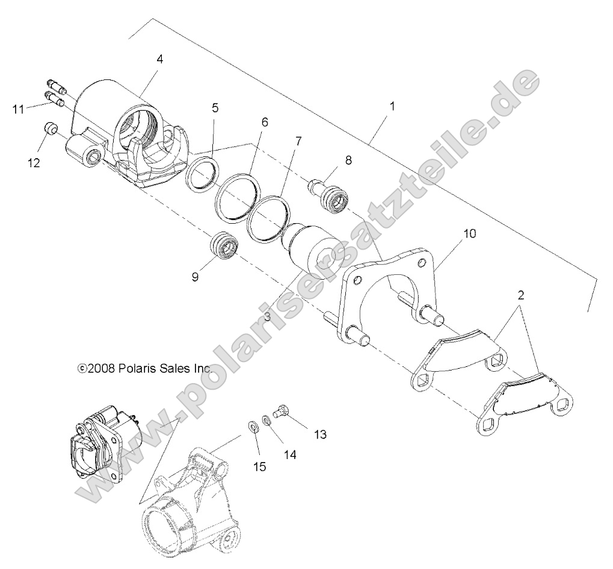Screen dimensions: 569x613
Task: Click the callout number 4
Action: pyautogui.click(x=159, y=59)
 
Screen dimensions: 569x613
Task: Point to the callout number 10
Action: pyautogui.click(x=470, y=233)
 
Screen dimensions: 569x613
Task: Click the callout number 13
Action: pyautogui.click(x=319, y=434)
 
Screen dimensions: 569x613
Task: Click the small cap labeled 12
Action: pyautogui.click(x=50, y=129)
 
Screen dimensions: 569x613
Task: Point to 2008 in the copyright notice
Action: pyautogui.click(x=98, y=368)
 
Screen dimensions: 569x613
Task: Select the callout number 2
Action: pyautogui.click(x=521, y=295)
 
